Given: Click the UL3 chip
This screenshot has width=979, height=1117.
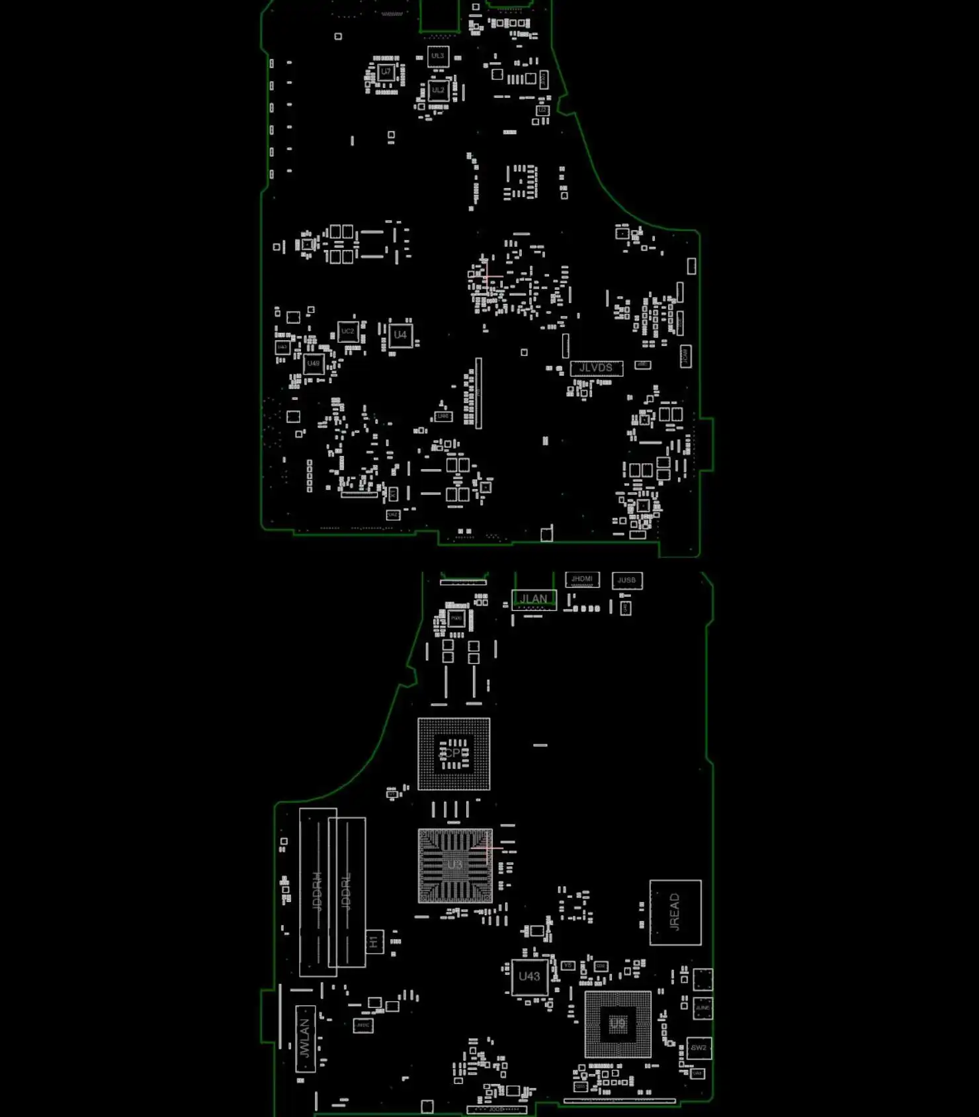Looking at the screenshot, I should (x=438, y=56).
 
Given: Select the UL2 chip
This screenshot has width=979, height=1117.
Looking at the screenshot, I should (x=438, y=90).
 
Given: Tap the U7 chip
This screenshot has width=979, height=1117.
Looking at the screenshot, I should (x=386, y=71).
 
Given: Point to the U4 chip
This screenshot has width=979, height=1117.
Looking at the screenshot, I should (x=400, y=335).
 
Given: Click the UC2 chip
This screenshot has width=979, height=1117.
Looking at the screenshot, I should (x=347, y=332).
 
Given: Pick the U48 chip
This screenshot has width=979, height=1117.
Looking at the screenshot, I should (x=314, y=363).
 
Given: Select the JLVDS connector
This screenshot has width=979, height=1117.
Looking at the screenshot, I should (x=596, y=368).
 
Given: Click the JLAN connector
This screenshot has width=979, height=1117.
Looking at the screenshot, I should (x=534, y=600).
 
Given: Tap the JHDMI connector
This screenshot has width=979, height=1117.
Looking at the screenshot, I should (x=582, y=580).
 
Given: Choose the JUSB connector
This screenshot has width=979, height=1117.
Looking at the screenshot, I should (x=626, y=580).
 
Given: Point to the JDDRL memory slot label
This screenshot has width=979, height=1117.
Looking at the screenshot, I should (x=347, y=891).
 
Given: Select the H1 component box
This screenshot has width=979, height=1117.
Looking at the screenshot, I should (x=374, y=941).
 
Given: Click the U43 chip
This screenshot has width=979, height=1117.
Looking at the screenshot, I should (x=529, y=977).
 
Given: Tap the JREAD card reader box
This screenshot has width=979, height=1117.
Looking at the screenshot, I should (x=675, y=912).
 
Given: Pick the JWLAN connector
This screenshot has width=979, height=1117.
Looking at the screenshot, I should (x=304, y=1038).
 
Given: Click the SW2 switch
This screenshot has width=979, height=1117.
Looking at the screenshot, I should (x=699, y=1048).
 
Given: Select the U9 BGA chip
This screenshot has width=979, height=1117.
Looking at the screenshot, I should (x=617, y=1024).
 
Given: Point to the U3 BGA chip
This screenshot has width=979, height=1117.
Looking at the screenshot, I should (x=455, y=865).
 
